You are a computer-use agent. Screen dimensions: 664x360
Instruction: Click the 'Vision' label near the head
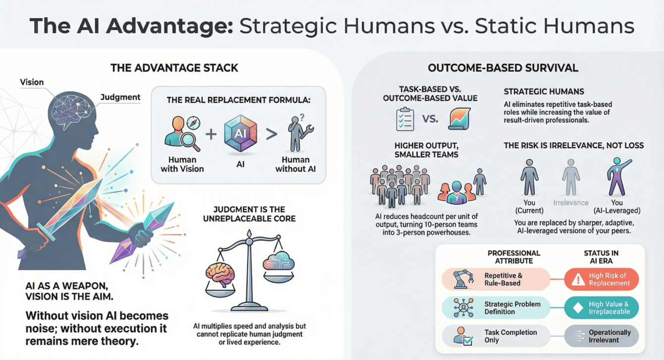click(x=32, y=82)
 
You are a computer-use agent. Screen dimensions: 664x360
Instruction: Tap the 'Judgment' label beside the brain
click(x=120, y=97)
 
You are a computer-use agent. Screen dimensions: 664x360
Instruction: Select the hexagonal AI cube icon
click(x=240, y=133)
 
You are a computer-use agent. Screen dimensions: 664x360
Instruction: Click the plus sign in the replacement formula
click(x=211, y=134)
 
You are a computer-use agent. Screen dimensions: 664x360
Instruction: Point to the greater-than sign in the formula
click(x=272, y=134)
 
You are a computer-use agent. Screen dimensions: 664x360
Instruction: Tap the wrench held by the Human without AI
click(x=308, y=130)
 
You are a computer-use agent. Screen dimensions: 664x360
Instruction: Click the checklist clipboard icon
click(x=405, y=119)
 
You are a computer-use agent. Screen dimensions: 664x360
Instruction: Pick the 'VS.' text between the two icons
click(x=430, y=119)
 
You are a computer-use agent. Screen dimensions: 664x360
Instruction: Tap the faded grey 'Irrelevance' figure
click(x=571, y=178)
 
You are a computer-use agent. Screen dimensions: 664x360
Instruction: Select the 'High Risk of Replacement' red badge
click(x=601, y=279)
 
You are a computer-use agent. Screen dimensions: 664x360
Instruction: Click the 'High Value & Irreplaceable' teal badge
click(x=601, y=308)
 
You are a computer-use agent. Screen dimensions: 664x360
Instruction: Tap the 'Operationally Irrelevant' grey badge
click(x=601, y=336)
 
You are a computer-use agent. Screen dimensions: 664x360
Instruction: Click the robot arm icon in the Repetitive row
click(x=463, y=279)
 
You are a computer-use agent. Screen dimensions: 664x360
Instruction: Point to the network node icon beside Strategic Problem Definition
click(x=463, y=308)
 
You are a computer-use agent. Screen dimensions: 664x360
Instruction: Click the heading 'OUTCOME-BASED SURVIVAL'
click(x=503, y=68)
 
